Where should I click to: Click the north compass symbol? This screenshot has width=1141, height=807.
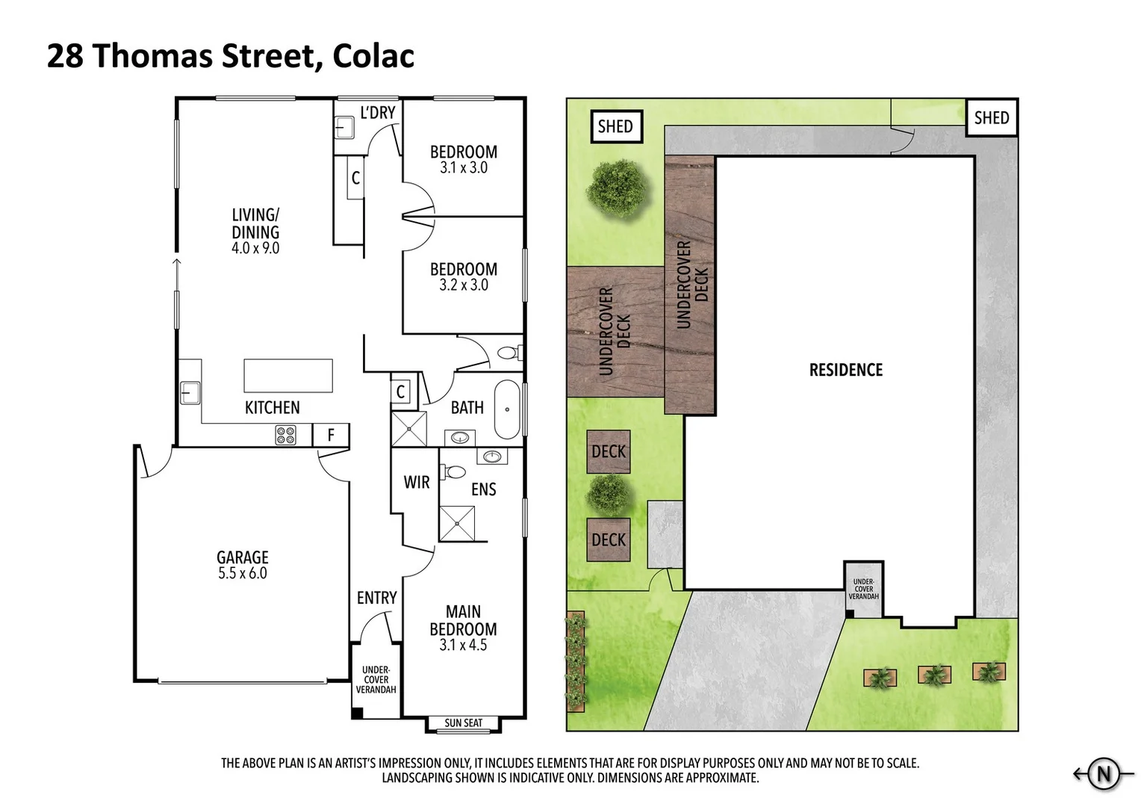(x=1103, y=774)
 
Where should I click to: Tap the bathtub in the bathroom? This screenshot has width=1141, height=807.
(x=508, y=409)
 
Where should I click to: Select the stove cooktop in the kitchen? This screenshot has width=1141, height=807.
(x=285, y=435)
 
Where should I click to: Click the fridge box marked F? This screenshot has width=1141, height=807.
(x=331, y=435)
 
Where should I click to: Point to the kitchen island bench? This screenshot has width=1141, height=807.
(x=287, y=375)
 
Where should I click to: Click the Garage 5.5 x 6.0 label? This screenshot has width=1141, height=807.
(x=242, y=565)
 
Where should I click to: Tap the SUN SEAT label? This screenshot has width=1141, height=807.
(x=463, y=723)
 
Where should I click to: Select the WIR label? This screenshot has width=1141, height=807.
(x=416, y=483)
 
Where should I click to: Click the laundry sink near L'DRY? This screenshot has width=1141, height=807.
(x=344, y=128)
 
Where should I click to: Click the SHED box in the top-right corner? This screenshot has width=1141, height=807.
(x=991, y=118)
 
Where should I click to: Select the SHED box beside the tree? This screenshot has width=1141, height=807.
(x=615, y=126)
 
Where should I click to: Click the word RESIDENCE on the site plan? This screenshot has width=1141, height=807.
(x=845, y=370)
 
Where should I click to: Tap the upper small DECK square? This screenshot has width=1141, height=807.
(x=608, y=451)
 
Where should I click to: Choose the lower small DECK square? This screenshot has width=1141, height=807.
(x=608, y=539)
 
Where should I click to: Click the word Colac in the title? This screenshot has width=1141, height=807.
(x=373, y=56)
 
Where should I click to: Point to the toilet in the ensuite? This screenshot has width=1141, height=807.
(x=453, y=472)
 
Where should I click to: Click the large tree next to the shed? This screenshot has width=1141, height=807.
(x=618, y=187)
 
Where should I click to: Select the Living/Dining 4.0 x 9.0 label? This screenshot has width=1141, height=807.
(x=255, y=232)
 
